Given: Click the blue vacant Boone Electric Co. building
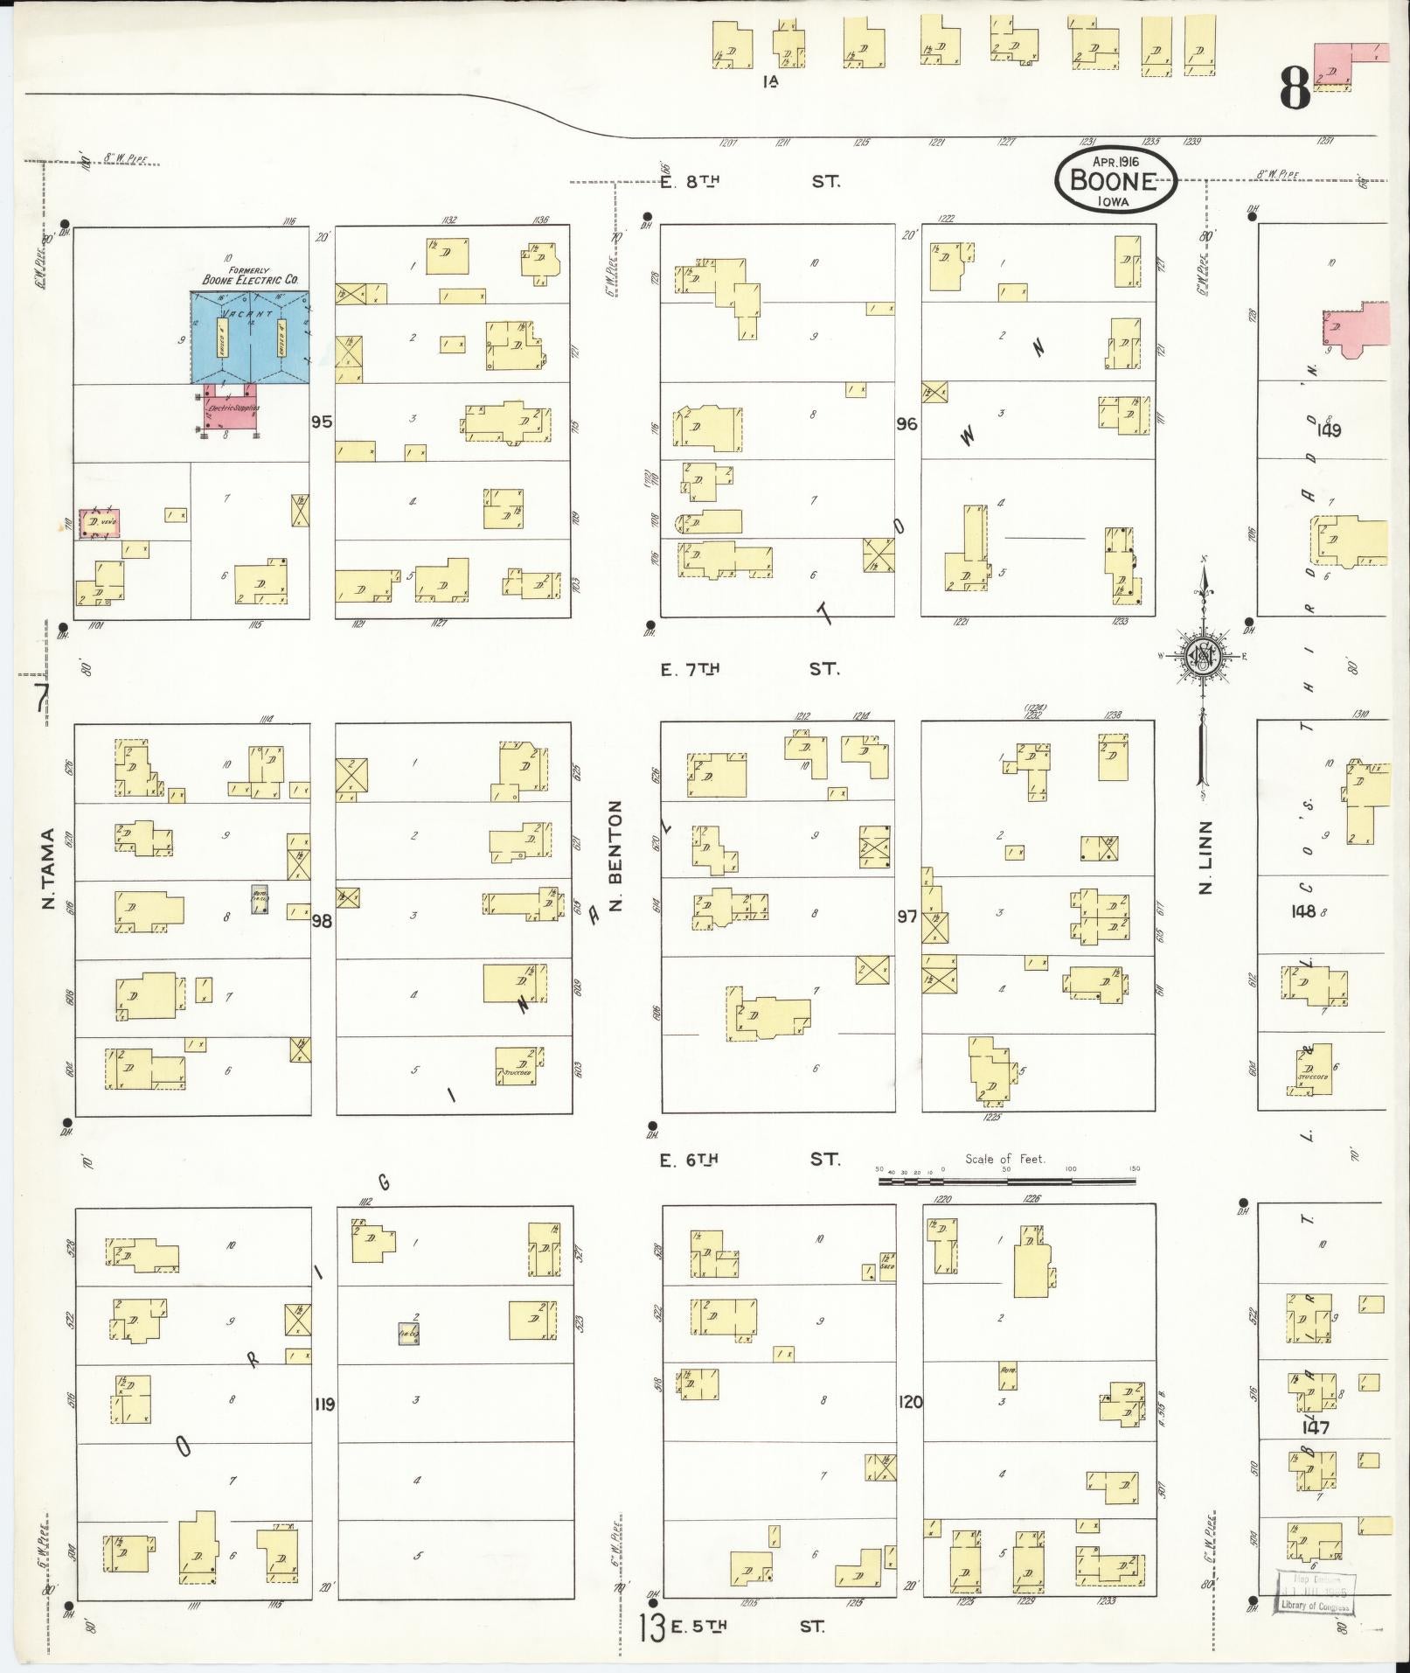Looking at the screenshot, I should pos(251,338).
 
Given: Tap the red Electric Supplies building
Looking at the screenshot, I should pos(230,408).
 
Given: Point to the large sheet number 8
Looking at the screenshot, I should pos(1295,88).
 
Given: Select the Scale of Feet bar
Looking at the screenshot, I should pos(1007,1181).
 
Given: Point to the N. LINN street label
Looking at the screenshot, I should pos(1206,857).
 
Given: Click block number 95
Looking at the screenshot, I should pos(322,422).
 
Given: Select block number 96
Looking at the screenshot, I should pos(906,423).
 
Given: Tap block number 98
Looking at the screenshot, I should pos(323,920).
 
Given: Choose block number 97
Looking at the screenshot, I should pos(906,916).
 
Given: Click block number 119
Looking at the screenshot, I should pos(324,1404).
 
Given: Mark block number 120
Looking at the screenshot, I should pos(909,1402).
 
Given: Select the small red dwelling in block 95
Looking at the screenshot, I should pos(99,523).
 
